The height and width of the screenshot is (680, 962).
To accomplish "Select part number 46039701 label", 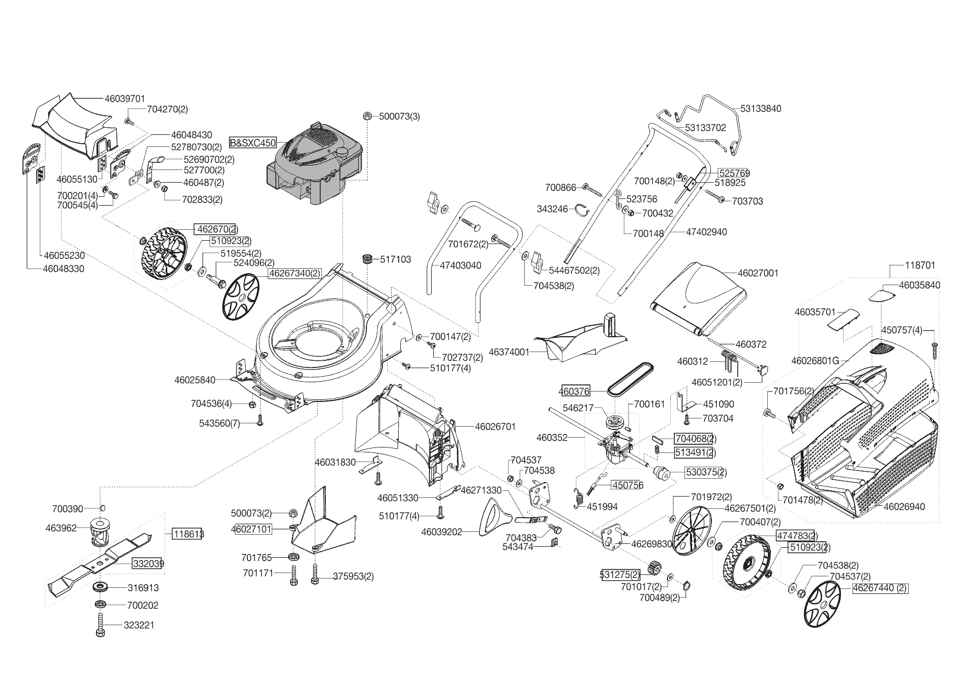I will [x=125, y=99].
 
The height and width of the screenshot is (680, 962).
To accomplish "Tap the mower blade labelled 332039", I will [x=104, y=559].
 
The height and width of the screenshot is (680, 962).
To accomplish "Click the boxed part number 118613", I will [x=188, y=534].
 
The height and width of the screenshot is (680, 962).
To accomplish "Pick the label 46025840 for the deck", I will [x=195, y=379].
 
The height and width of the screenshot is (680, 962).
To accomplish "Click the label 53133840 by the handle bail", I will [x=761, y=109].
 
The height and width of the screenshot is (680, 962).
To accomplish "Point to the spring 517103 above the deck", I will [x=367, y=259].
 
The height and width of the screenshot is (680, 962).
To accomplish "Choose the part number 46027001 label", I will [x=758, y=273].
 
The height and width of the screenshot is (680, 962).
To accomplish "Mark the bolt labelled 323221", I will [x=101, y=625].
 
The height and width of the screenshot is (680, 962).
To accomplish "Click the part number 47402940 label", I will [x=706, y=232].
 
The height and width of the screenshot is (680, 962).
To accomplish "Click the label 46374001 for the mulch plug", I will [x=509, y=352].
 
